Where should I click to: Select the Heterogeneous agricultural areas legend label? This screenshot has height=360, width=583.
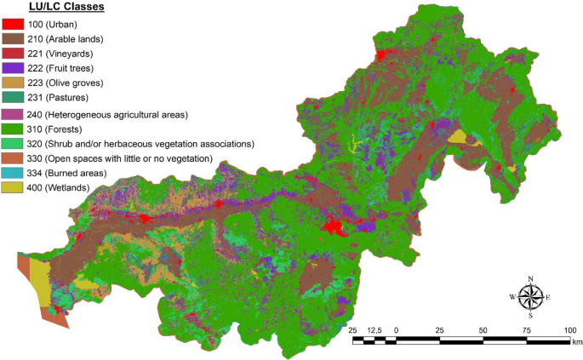coord(115,114)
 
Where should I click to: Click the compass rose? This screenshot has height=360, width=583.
coord(531,297)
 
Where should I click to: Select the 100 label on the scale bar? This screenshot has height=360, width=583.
coord(569,329)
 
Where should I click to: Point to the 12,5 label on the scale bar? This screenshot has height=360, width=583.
coord(374,329)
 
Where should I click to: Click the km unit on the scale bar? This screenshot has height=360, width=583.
coord(576,342)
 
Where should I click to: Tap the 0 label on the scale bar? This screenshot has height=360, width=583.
coord(397,329)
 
